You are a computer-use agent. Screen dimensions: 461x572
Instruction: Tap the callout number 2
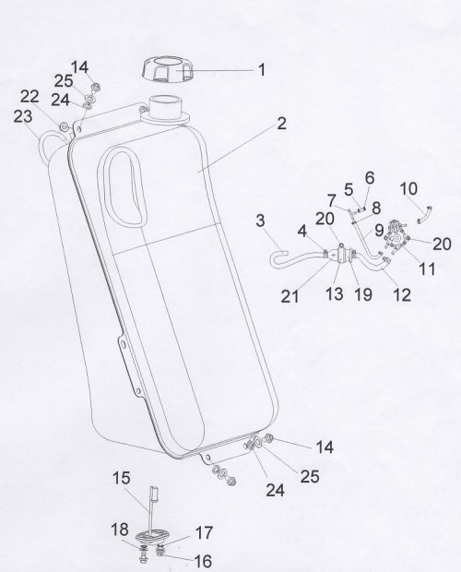pyautogui.click(x=281, y=124)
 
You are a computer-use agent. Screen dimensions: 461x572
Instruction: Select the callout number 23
pyautogui.click(x=23, y=117)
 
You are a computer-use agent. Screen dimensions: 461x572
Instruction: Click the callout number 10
pyautogui.click(x=408, y=189)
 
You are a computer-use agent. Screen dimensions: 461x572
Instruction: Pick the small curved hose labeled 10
pyautogui.click(x=425, y=214)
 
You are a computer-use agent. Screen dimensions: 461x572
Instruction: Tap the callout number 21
pyautogui.click(x=290, y=296)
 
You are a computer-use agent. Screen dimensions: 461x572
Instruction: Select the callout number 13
pyautogui.click(x=335, y=293)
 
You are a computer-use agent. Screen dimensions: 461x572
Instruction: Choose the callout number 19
pyautogui.click(x=363, y=294)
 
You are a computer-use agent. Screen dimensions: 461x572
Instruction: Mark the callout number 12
pyautogui.click(x=402, y=294)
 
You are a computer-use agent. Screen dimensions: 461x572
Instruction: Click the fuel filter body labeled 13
pyautogui.click(x=341, y=255)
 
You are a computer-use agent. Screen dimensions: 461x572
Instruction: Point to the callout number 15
pyautogui.click(x=121, y=478)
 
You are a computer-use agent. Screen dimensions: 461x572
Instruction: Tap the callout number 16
pyautogui.click(x=203, y=560)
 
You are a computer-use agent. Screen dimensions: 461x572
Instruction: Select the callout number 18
pyautogui.click(x=120, y=529)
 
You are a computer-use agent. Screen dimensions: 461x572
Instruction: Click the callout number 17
pyautogui.click(x=204, y=533)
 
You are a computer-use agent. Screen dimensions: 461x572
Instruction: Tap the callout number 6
pyautogui.click(x=370, y=178)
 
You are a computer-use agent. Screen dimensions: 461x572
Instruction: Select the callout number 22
pyautogui.click(x=30, y=97)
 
